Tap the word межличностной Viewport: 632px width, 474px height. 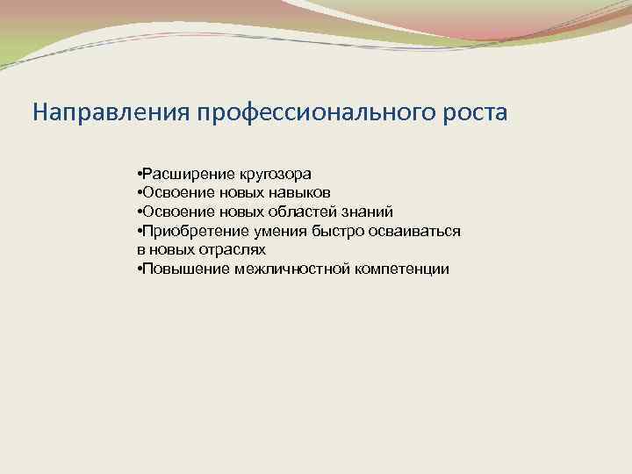(293, 269)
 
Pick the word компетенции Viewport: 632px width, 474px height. (401, 269)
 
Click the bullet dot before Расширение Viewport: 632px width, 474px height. (140, 173)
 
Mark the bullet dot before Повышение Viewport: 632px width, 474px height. (140, 269)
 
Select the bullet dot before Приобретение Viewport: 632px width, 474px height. (140, 231)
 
